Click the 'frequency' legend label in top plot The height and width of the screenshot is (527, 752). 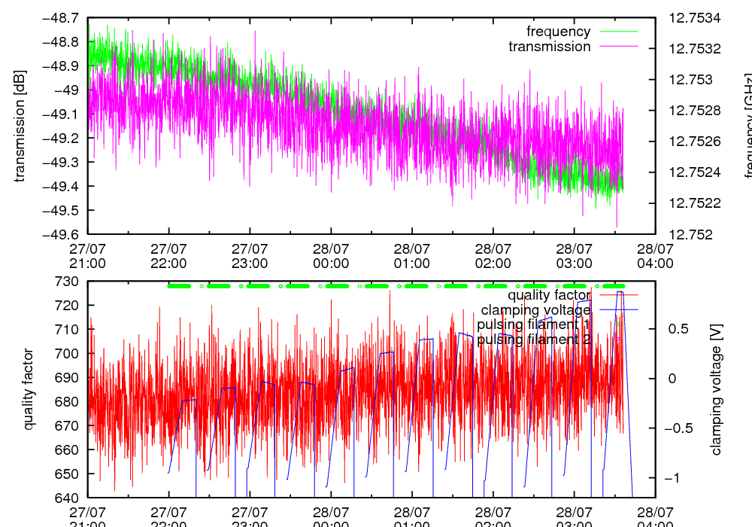(x=558, y=32)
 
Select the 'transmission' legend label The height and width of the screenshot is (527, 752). (x=549, y=47)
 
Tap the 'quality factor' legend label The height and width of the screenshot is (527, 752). (x=553, y=295)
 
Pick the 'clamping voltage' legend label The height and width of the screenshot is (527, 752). (x=535, y=310)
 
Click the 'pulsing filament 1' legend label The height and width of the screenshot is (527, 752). (x=534, y=324)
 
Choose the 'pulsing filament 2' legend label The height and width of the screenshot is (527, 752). (x=534, y=340)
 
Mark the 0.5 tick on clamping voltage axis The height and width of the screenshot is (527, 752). (x=681, y=329)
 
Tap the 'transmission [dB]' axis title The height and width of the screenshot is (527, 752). (x=20, y=126)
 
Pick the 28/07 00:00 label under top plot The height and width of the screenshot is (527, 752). (x=331, y=254)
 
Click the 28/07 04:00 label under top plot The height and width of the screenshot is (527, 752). (x=655, y=254)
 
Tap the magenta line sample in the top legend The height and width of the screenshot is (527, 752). (x=617, y=47)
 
